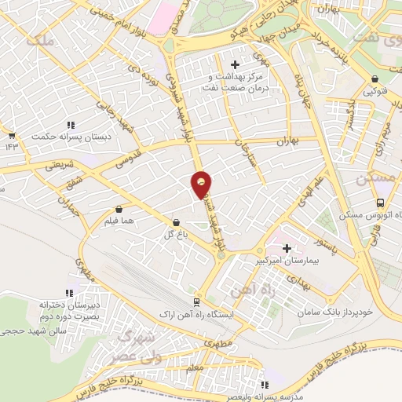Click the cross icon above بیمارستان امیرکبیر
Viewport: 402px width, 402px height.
coord(287,247)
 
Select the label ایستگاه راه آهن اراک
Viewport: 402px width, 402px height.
coord(196,314)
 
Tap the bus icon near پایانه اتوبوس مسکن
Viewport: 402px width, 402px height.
coord(380,203)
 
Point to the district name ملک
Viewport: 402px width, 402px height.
coord(40,41)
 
